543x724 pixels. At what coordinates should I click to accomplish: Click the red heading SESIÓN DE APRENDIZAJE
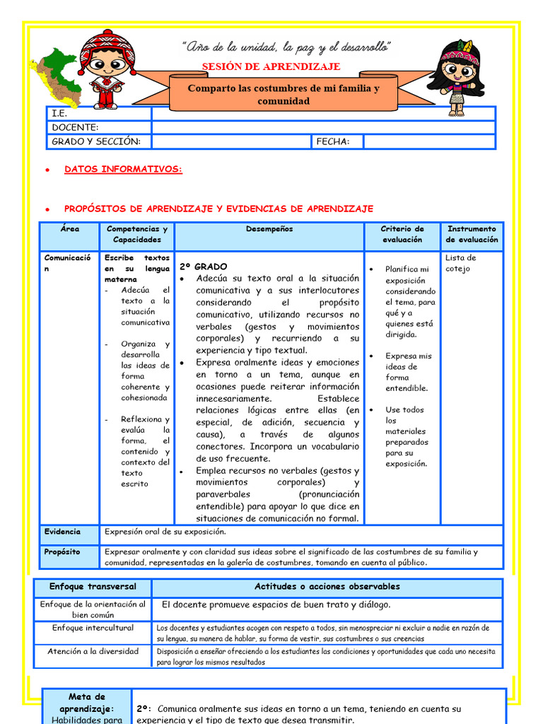click(271, 66)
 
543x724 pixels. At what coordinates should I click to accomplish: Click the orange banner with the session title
click(283, 95)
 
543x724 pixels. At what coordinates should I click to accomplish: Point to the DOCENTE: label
click(75, 127)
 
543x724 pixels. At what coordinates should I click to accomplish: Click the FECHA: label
click(333, 141)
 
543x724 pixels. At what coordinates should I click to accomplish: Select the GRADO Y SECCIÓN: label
click(96, 141)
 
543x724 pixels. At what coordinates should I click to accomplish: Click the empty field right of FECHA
click(428, 141)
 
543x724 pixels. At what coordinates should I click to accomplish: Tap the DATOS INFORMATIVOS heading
click(123, 170)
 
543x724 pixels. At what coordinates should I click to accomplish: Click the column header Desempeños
click(269, 229)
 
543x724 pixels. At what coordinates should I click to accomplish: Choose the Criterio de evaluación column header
click(402, 234)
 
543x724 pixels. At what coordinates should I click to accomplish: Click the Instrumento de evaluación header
click(472, 234)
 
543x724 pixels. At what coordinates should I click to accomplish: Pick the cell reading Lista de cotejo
click(461, 263)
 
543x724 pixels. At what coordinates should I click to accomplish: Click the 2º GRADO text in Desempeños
click(204, 267)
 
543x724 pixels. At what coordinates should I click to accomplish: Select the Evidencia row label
click(62, 532)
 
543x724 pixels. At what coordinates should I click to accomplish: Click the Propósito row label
click(62, 551)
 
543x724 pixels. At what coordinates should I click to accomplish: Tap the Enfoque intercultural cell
click(93, 628)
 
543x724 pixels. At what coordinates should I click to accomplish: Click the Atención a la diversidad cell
click(93, 651)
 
